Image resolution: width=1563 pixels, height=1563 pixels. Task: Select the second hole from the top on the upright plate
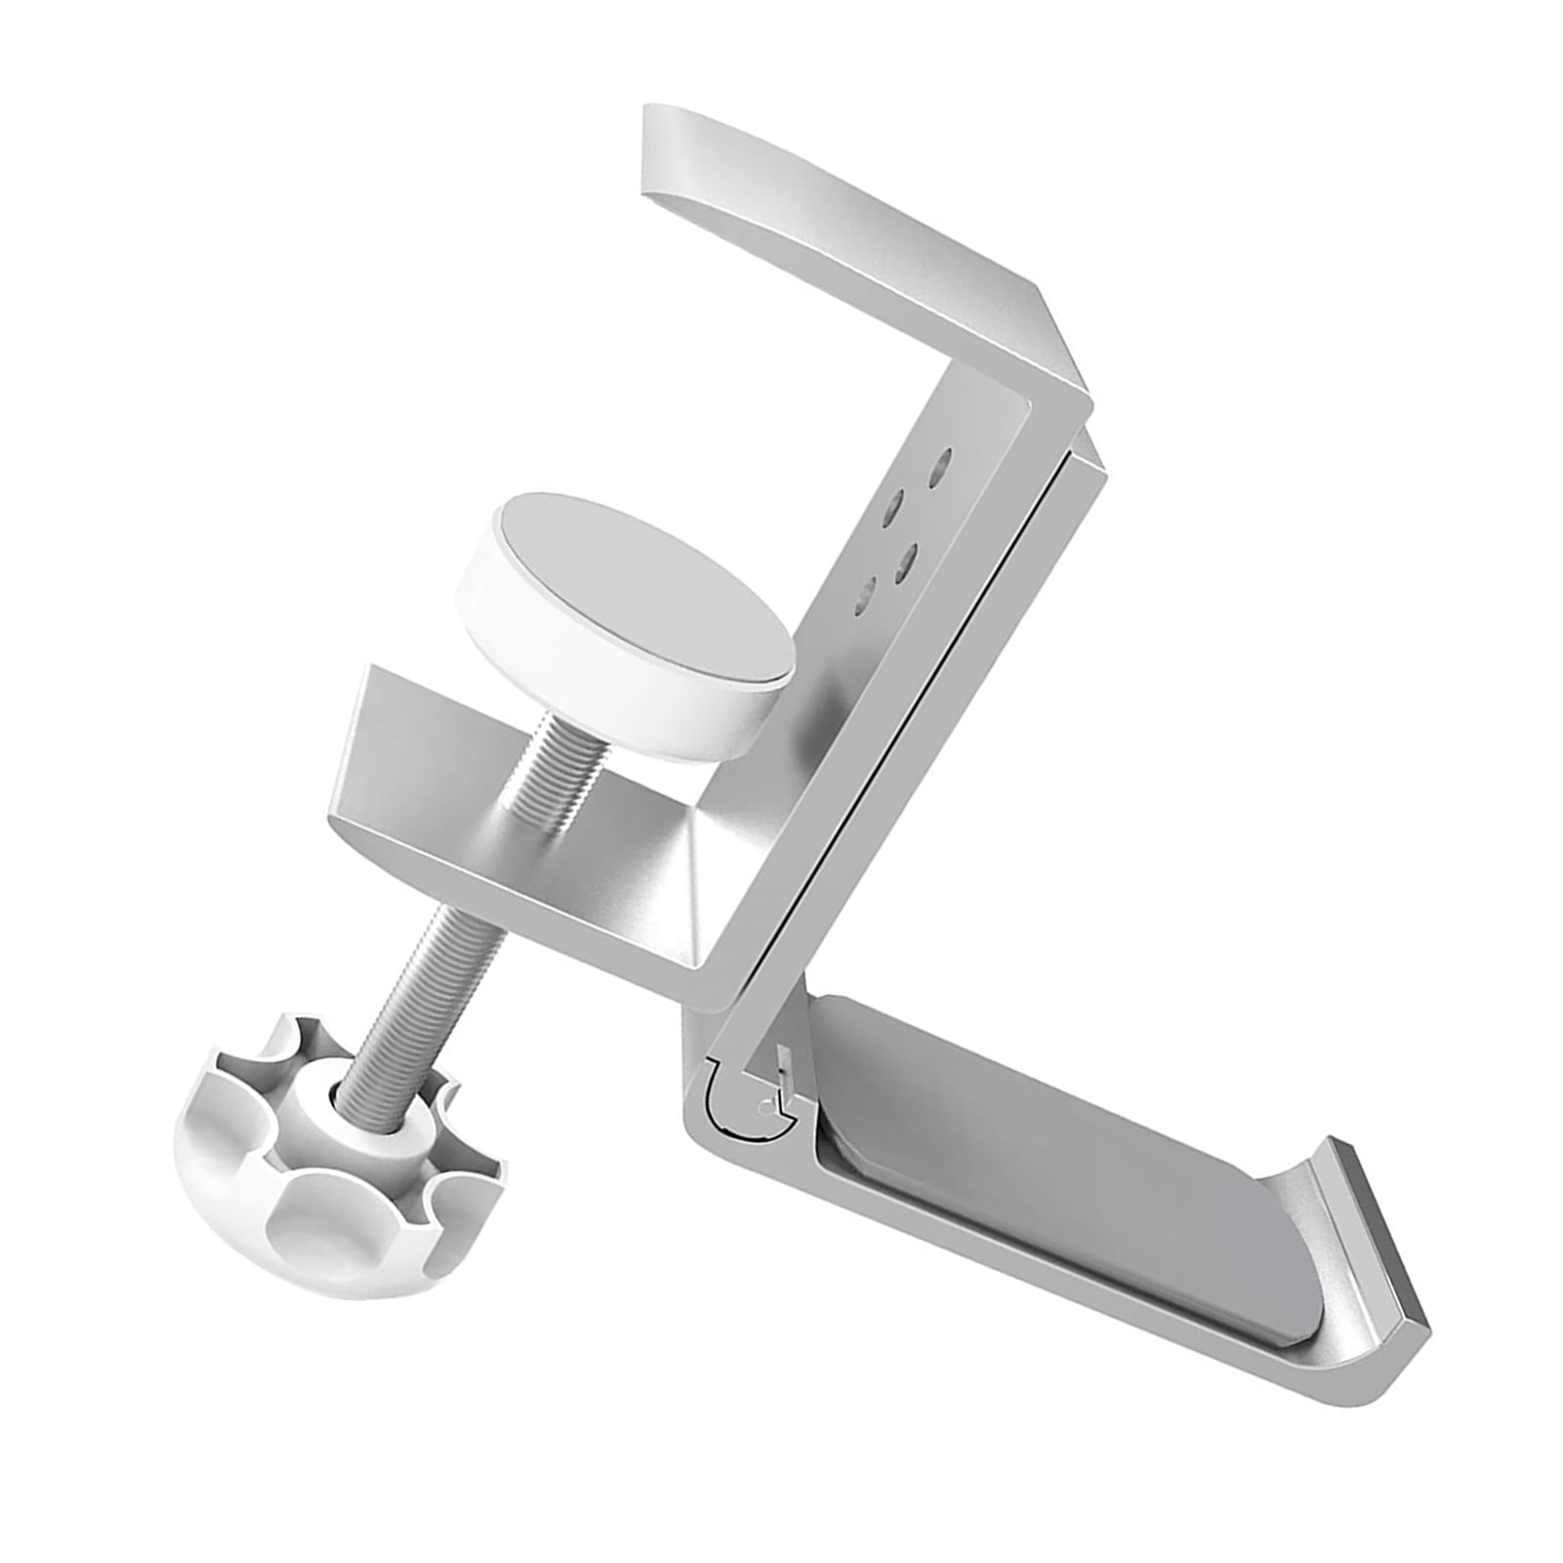point(890,509)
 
